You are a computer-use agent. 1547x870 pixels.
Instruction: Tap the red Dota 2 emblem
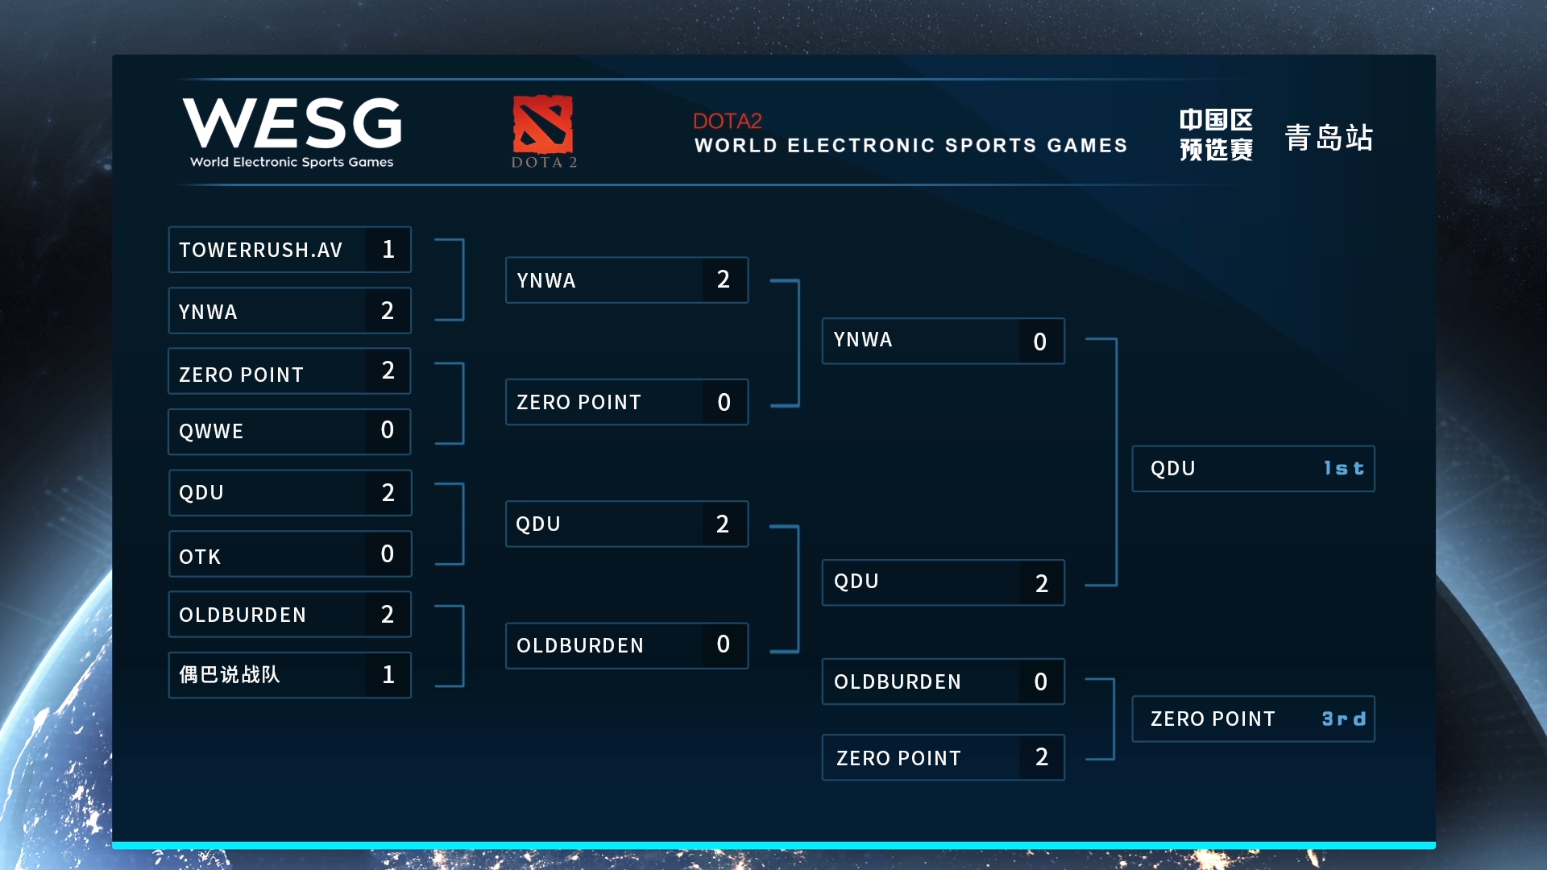pyautogui.click(x=543, y=124)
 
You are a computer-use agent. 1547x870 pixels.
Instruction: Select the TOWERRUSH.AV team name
pyautogui.click(x=260, y=251)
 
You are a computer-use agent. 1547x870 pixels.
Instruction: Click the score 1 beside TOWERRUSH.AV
pyautogui.click(x=388, y=250)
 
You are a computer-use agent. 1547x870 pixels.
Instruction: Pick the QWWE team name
pyautogui.click(x=211, y=432)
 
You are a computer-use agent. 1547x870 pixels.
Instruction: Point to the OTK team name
pyautogui.click(x=200, y=557)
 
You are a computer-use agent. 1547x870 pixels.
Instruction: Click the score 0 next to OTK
pyautogui.click(x=388, y=553)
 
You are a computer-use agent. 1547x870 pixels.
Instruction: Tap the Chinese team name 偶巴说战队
pyautogui.click(x=230, y=674)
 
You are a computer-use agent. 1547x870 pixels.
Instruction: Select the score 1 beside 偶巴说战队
pyautogui.click(x=388, y=674)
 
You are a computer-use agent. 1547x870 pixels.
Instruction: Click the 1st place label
pyautogui.click(x=1344, y=468)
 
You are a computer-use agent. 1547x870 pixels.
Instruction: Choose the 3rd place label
pyautogui.click(x=1344, y=719)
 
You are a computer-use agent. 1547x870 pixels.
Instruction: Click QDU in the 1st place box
pyautogui.click(x=1172, y=469)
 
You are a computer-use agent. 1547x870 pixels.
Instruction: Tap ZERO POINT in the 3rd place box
pyautogui.click(x=1213, y=719)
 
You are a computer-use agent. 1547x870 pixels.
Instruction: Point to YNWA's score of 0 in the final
pyautogui.click(x=1040, y=342)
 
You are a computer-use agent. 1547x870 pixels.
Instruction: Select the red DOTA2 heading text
pyautogui.click(x=727, y=121)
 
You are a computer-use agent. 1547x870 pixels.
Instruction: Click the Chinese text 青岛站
pyautogui.click(x=1329, y=137)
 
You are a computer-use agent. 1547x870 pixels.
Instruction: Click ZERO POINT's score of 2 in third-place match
pyautogui.click(x=1042, y=757)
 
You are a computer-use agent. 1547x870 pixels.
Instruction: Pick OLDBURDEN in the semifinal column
pyautogui.click(x=579, y=646)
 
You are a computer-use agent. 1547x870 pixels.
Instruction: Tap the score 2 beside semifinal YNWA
pyautogui.click(x=724, y=280)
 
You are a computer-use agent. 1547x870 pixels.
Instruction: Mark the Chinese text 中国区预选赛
pyautogui.click(x=1216, y=135)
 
